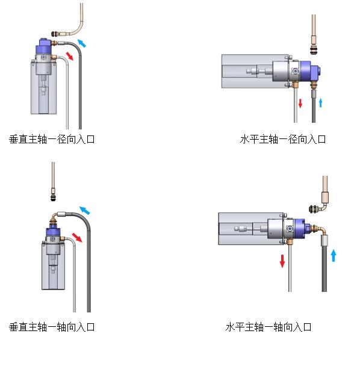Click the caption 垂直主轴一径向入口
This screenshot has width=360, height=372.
tap(52, 139)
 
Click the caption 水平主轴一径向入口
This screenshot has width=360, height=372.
tap(283, 139)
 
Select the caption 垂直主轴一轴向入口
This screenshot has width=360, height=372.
tap(52, 327)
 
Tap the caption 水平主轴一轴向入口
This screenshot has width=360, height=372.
tap(268, 327)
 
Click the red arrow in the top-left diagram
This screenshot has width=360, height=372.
tap(70, 56)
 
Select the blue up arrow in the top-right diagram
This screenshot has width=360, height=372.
tap(321, 102)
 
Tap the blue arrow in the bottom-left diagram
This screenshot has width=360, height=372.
tap(85, 210)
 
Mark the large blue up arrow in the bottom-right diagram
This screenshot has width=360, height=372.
tap(333, 255)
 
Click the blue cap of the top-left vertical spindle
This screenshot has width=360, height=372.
tap(44, 46)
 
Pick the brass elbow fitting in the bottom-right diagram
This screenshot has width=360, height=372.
tap(319, 231)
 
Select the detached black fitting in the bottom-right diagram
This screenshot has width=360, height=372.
tap(314, 209)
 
